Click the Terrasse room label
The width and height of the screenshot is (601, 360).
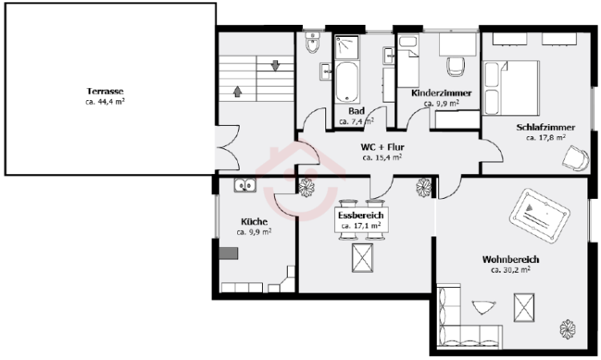[x=105, y=91]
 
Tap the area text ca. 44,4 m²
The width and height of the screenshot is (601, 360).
[x=105, y=102]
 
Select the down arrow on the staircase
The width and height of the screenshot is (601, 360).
[x=275, y=66]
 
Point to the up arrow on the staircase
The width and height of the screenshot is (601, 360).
[x=238, y=91]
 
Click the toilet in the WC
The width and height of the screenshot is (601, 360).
[x=313, y=42]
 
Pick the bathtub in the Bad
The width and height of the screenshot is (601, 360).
[x=347, y=82]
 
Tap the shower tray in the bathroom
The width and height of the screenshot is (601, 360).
[x=347, y=47]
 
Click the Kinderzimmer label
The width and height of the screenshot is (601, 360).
[x=442, y=93]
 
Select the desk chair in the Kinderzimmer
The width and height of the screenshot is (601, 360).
[x=456, y=67]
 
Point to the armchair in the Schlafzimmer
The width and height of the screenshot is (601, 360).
[x=576, y=158]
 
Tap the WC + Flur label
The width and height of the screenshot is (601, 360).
[x=382, y=147]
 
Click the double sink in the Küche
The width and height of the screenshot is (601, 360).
[x=245, y=185]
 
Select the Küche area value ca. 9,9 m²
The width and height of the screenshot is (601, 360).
[x=254, y=232]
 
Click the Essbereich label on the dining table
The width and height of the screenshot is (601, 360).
[x=361, y=216]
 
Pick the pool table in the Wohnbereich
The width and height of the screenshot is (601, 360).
[x=539, y=216]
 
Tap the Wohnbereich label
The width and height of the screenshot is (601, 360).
[x=511, y=260]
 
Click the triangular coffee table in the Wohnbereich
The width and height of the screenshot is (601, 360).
[x=484, y=307]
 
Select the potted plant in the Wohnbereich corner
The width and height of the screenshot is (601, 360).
[x=567, y=329]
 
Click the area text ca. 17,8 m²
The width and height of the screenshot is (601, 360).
[x=546, y=138]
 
